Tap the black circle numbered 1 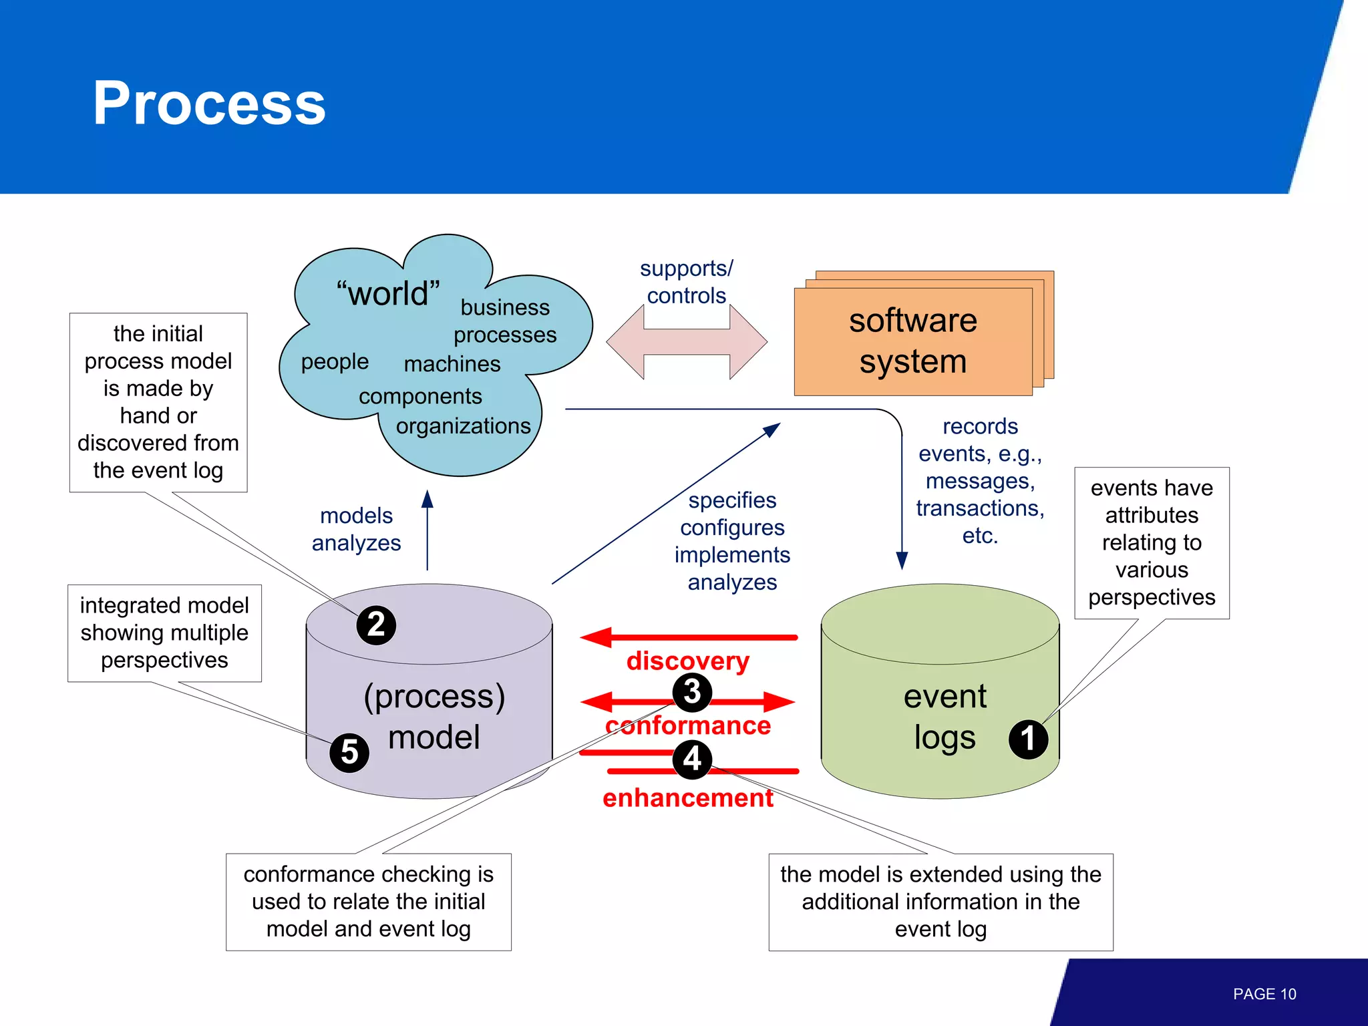pos(1028,739)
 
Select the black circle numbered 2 pos(376,625)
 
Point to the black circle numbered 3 pos(692,691)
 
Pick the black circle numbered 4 pos(692,759)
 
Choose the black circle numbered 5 pos(349,752)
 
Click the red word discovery pos(687,661)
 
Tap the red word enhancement pos(687,798)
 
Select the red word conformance pos(687,725)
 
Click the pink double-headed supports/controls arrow pos(687,342)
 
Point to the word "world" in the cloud pos(387,293)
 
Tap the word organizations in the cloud pos(463,425)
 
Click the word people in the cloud pos(335,361)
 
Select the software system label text pos(912,341)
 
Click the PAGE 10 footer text pos(1264,994)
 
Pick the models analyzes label pos(356,529)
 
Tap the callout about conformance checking pos(368,902)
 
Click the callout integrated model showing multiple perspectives pos(164,633)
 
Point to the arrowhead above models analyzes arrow pos(427,500)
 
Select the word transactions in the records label pos(979,508)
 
